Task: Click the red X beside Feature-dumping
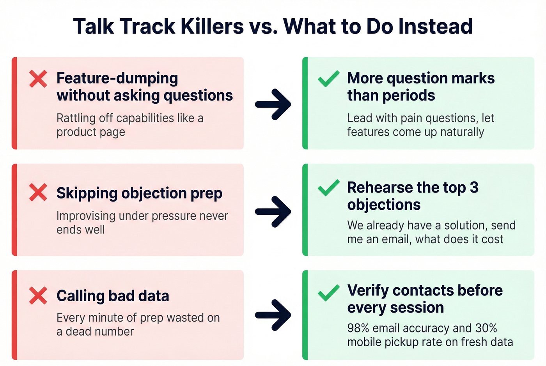tap(38, 79)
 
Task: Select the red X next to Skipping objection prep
tap(38, 193)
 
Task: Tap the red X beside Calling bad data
tap(38, 295)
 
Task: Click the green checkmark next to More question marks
tap(328, 79)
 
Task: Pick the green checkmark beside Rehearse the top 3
tap(328, 188)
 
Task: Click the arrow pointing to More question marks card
tap(273, 104)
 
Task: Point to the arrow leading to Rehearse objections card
tap(273, 211)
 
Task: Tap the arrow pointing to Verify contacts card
tap(273, 315)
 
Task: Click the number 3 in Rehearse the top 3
tap(474, 187)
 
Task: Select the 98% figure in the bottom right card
tap(358, 328)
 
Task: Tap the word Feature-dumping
tap(117, 78)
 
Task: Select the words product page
tap(90, 132)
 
